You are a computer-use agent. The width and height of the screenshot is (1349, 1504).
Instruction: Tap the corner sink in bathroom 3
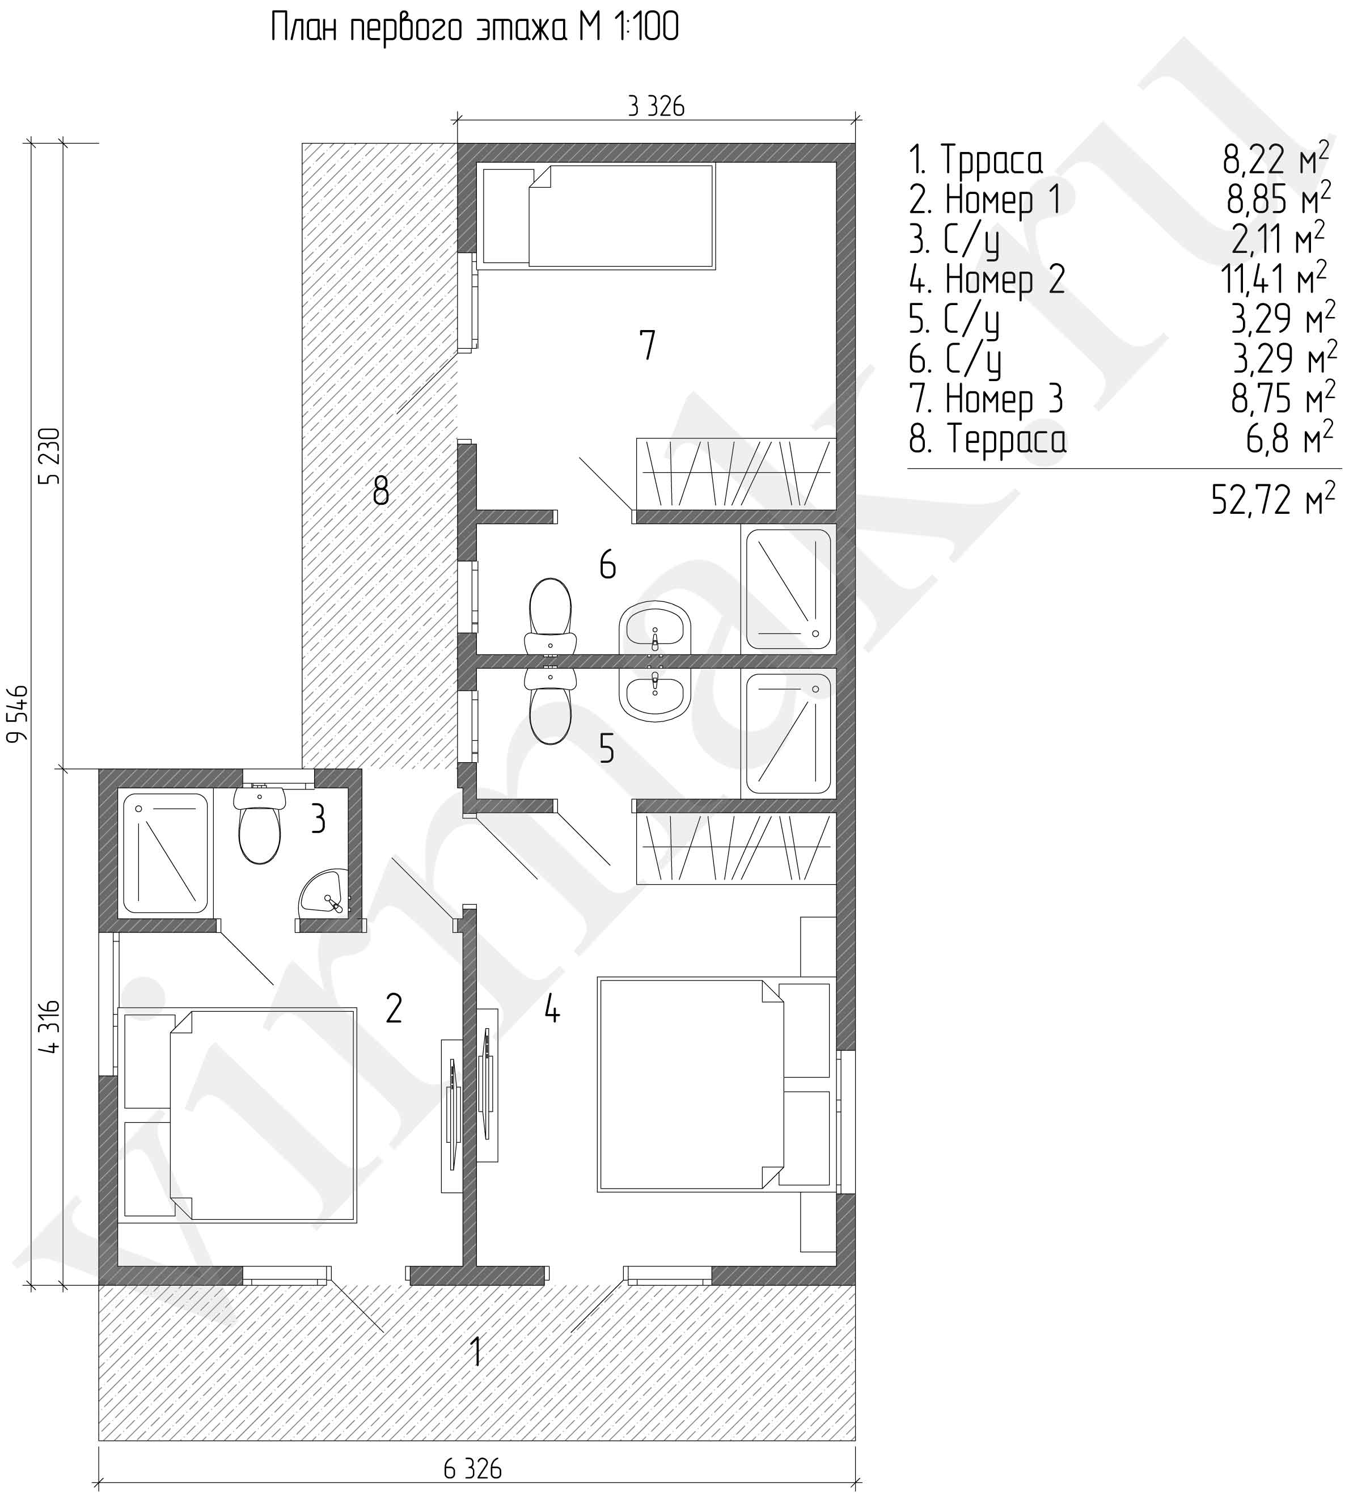click(x=323, y=893)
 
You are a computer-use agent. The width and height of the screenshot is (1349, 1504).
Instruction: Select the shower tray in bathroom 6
click(x=788, y=589)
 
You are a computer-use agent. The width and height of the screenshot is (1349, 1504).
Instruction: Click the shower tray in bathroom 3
click(x=164, y=853)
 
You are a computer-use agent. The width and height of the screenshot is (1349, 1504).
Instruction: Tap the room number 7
click(x=647, y=345)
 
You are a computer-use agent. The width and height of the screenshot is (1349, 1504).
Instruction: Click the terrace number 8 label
click(x=381, y=490)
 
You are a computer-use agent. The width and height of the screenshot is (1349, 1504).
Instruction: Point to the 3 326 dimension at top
click(x=656, y=107)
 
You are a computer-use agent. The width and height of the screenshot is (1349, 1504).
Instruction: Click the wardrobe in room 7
click(x=736, y=474)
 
